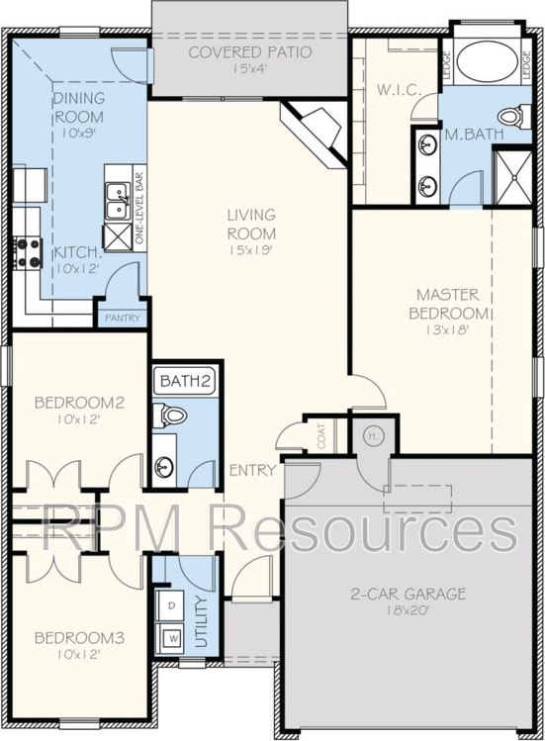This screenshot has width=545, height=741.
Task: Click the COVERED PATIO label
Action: (x=250, y=52)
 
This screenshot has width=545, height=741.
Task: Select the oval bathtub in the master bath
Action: (x=488, y=64)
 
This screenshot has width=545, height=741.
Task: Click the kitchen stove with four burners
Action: (x=28, y=253)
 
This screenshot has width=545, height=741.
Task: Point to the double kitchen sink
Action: (x=118, y=201)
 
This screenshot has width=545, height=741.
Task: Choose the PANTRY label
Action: (x=123, y=318)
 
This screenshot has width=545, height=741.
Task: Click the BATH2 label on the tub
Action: (x=185, y=381)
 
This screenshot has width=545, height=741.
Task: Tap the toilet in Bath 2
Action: (x=169, y=416)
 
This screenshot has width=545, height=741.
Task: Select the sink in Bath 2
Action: (x=164, y=467)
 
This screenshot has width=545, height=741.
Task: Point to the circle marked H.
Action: (x=373, y=436)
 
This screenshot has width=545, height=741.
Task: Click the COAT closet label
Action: (x=321, y=435)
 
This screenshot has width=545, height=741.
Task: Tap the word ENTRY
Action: (x=253, y=470)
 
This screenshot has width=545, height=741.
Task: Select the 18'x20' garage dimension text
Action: (x=408, y=610)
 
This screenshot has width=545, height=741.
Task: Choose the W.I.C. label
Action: (x=399, y=90)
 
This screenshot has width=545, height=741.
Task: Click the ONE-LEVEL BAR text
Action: (x=138, y=208)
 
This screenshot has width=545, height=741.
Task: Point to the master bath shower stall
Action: (x=512, y=178)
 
